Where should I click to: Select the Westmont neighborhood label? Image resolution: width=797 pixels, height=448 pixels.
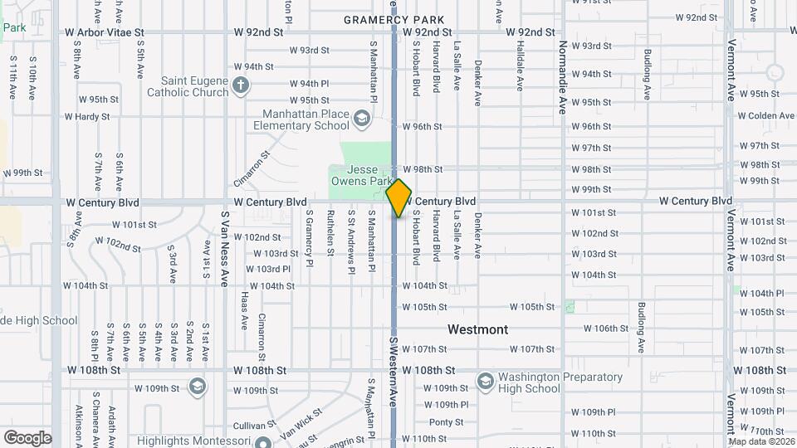click(477, 329)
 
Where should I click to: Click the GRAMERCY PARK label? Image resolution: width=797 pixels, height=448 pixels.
click(394, 19)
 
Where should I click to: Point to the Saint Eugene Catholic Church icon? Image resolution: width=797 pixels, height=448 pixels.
click(240, 85)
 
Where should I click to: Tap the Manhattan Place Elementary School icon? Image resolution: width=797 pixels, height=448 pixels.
click(360, 119)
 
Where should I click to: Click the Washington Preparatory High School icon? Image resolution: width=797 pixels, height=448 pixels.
click(486, 382)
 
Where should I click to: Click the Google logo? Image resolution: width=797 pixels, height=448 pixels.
click(27, 438)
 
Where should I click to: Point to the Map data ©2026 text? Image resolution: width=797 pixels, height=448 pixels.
click(760, 441)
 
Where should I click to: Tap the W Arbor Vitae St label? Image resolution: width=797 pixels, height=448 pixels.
click(105, 32)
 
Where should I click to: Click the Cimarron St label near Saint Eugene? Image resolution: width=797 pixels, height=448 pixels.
click(252, 166)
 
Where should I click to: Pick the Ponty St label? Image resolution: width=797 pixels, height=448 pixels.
click(446, 422)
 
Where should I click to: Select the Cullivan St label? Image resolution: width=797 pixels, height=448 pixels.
click(254, 425)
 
